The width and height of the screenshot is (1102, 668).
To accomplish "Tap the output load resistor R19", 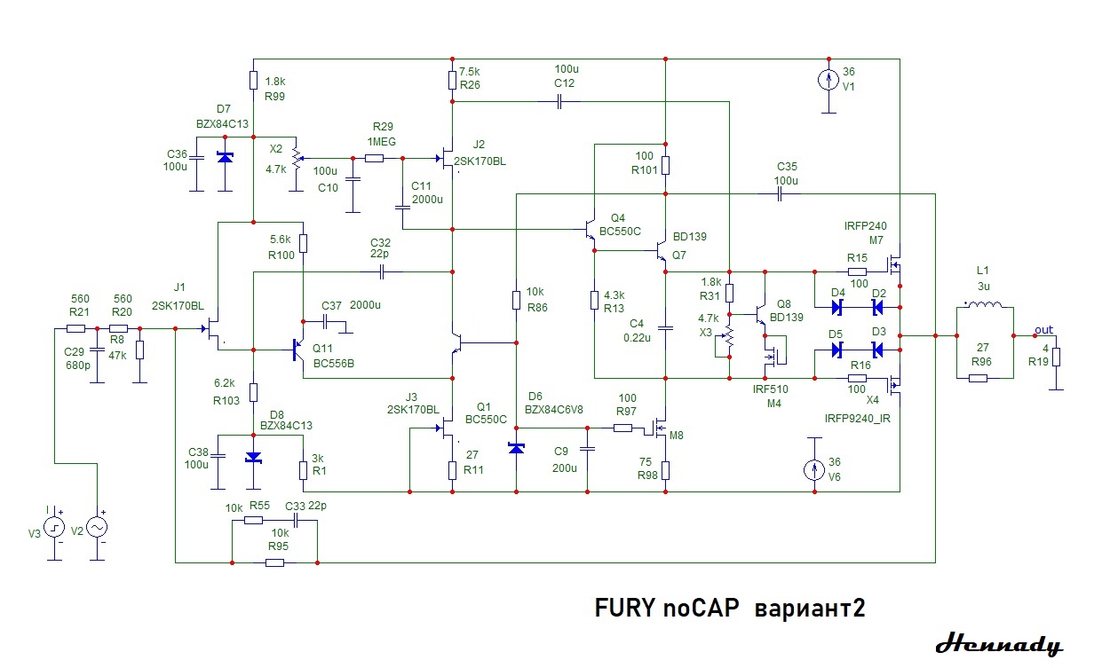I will (x=1056, y=358).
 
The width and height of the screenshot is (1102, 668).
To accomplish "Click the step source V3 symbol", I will (x=55, y=527).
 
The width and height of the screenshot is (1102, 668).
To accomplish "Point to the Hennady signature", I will (x=998, y=644).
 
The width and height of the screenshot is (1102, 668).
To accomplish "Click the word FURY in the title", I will (x=624, y=609).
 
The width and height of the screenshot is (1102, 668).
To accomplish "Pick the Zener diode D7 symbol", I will (x=226, y=158).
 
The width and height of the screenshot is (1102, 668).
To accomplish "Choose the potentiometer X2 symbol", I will (x=296, y=158).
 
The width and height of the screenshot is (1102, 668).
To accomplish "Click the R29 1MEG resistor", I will (x=374, y=159).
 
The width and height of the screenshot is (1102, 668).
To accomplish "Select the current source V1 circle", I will (x=827, y=80).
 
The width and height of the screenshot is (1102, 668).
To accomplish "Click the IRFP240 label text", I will (x=865, y=226).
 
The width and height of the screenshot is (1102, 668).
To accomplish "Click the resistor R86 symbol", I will (x=516, y=300).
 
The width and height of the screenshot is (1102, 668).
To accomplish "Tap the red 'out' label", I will (x=1043, y=330).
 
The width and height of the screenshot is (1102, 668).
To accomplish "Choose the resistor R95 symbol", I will (x=274, y=562).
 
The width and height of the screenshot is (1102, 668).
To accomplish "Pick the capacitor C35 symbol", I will (x=779, y=193).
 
